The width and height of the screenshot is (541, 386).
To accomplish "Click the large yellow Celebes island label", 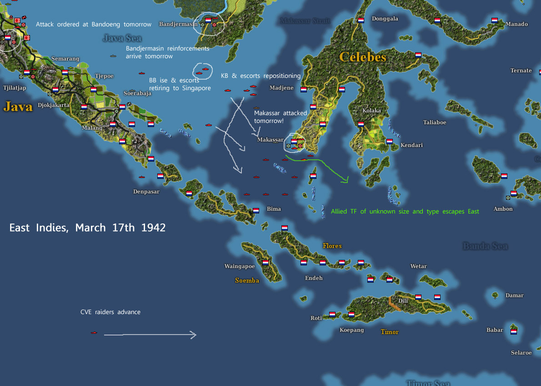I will [363, 57].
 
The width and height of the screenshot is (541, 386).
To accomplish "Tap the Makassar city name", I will [270, 140].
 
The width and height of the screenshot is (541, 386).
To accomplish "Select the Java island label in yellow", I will [18, 107].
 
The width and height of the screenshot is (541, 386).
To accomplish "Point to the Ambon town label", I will [503, 209].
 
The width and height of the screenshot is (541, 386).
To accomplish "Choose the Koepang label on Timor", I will [352, 330].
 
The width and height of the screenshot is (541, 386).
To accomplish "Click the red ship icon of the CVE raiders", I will [94, 333].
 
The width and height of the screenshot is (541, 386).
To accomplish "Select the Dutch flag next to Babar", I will [514, 331].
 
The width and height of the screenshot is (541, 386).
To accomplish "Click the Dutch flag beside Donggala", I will [361, 20].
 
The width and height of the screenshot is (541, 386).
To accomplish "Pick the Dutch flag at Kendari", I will [390, 142].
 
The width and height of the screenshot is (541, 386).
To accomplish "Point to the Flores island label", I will [332, 246].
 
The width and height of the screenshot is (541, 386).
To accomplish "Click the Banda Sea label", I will [485, 246].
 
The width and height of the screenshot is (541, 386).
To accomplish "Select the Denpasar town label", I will [146, 192].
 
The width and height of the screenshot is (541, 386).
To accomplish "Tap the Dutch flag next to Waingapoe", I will [265, 263].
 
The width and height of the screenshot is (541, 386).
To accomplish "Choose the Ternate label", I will [521, 71].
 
